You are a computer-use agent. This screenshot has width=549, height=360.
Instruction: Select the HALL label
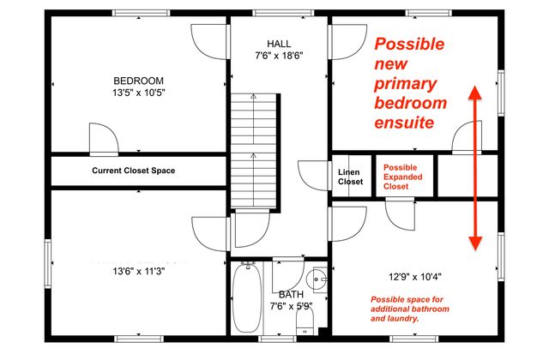(279, 44)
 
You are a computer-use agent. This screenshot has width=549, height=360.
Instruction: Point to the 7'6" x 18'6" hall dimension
(279, 56)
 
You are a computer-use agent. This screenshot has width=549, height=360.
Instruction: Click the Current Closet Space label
(134, 171)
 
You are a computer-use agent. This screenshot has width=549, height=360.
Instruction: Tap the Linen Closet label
(350, 176)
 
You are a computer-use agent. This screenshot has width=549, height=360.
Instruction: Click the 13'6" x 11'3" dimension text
(138, 271)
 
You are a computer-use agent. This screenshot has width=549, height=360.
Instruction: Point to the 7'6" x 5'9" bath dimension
(290, 305)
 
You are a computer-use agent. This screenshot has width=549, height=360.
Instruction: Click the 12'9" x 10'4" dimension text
(415, 277)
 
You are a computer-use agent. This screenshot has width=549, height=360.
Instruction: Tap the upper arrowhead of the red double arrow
(473, 93)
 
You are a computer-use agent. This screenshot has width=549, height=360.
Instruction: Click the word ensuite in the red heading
(404, 123)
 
